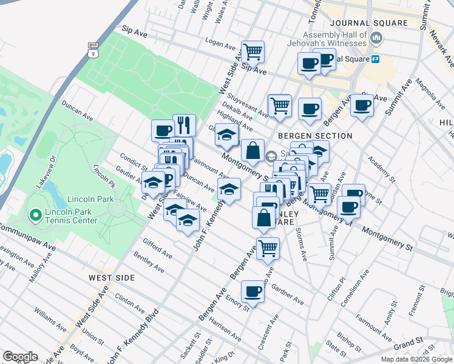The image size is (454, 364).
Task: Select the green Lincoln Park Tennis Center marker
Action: [35, 215]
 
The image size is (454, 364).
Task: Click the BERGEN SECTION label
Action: [315, 135]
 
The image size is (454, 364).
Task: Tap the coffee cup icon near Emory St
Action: [252, 291]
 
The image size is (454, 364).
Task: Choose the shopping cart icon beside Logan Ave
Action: [252, 52]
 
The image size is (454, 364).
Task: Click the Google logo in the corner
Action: [20, 357]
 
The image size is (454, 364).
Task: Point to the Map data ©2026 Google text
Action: [416, 359]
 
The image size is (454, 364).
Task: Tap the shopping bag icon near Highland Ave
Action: [252, 150]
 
